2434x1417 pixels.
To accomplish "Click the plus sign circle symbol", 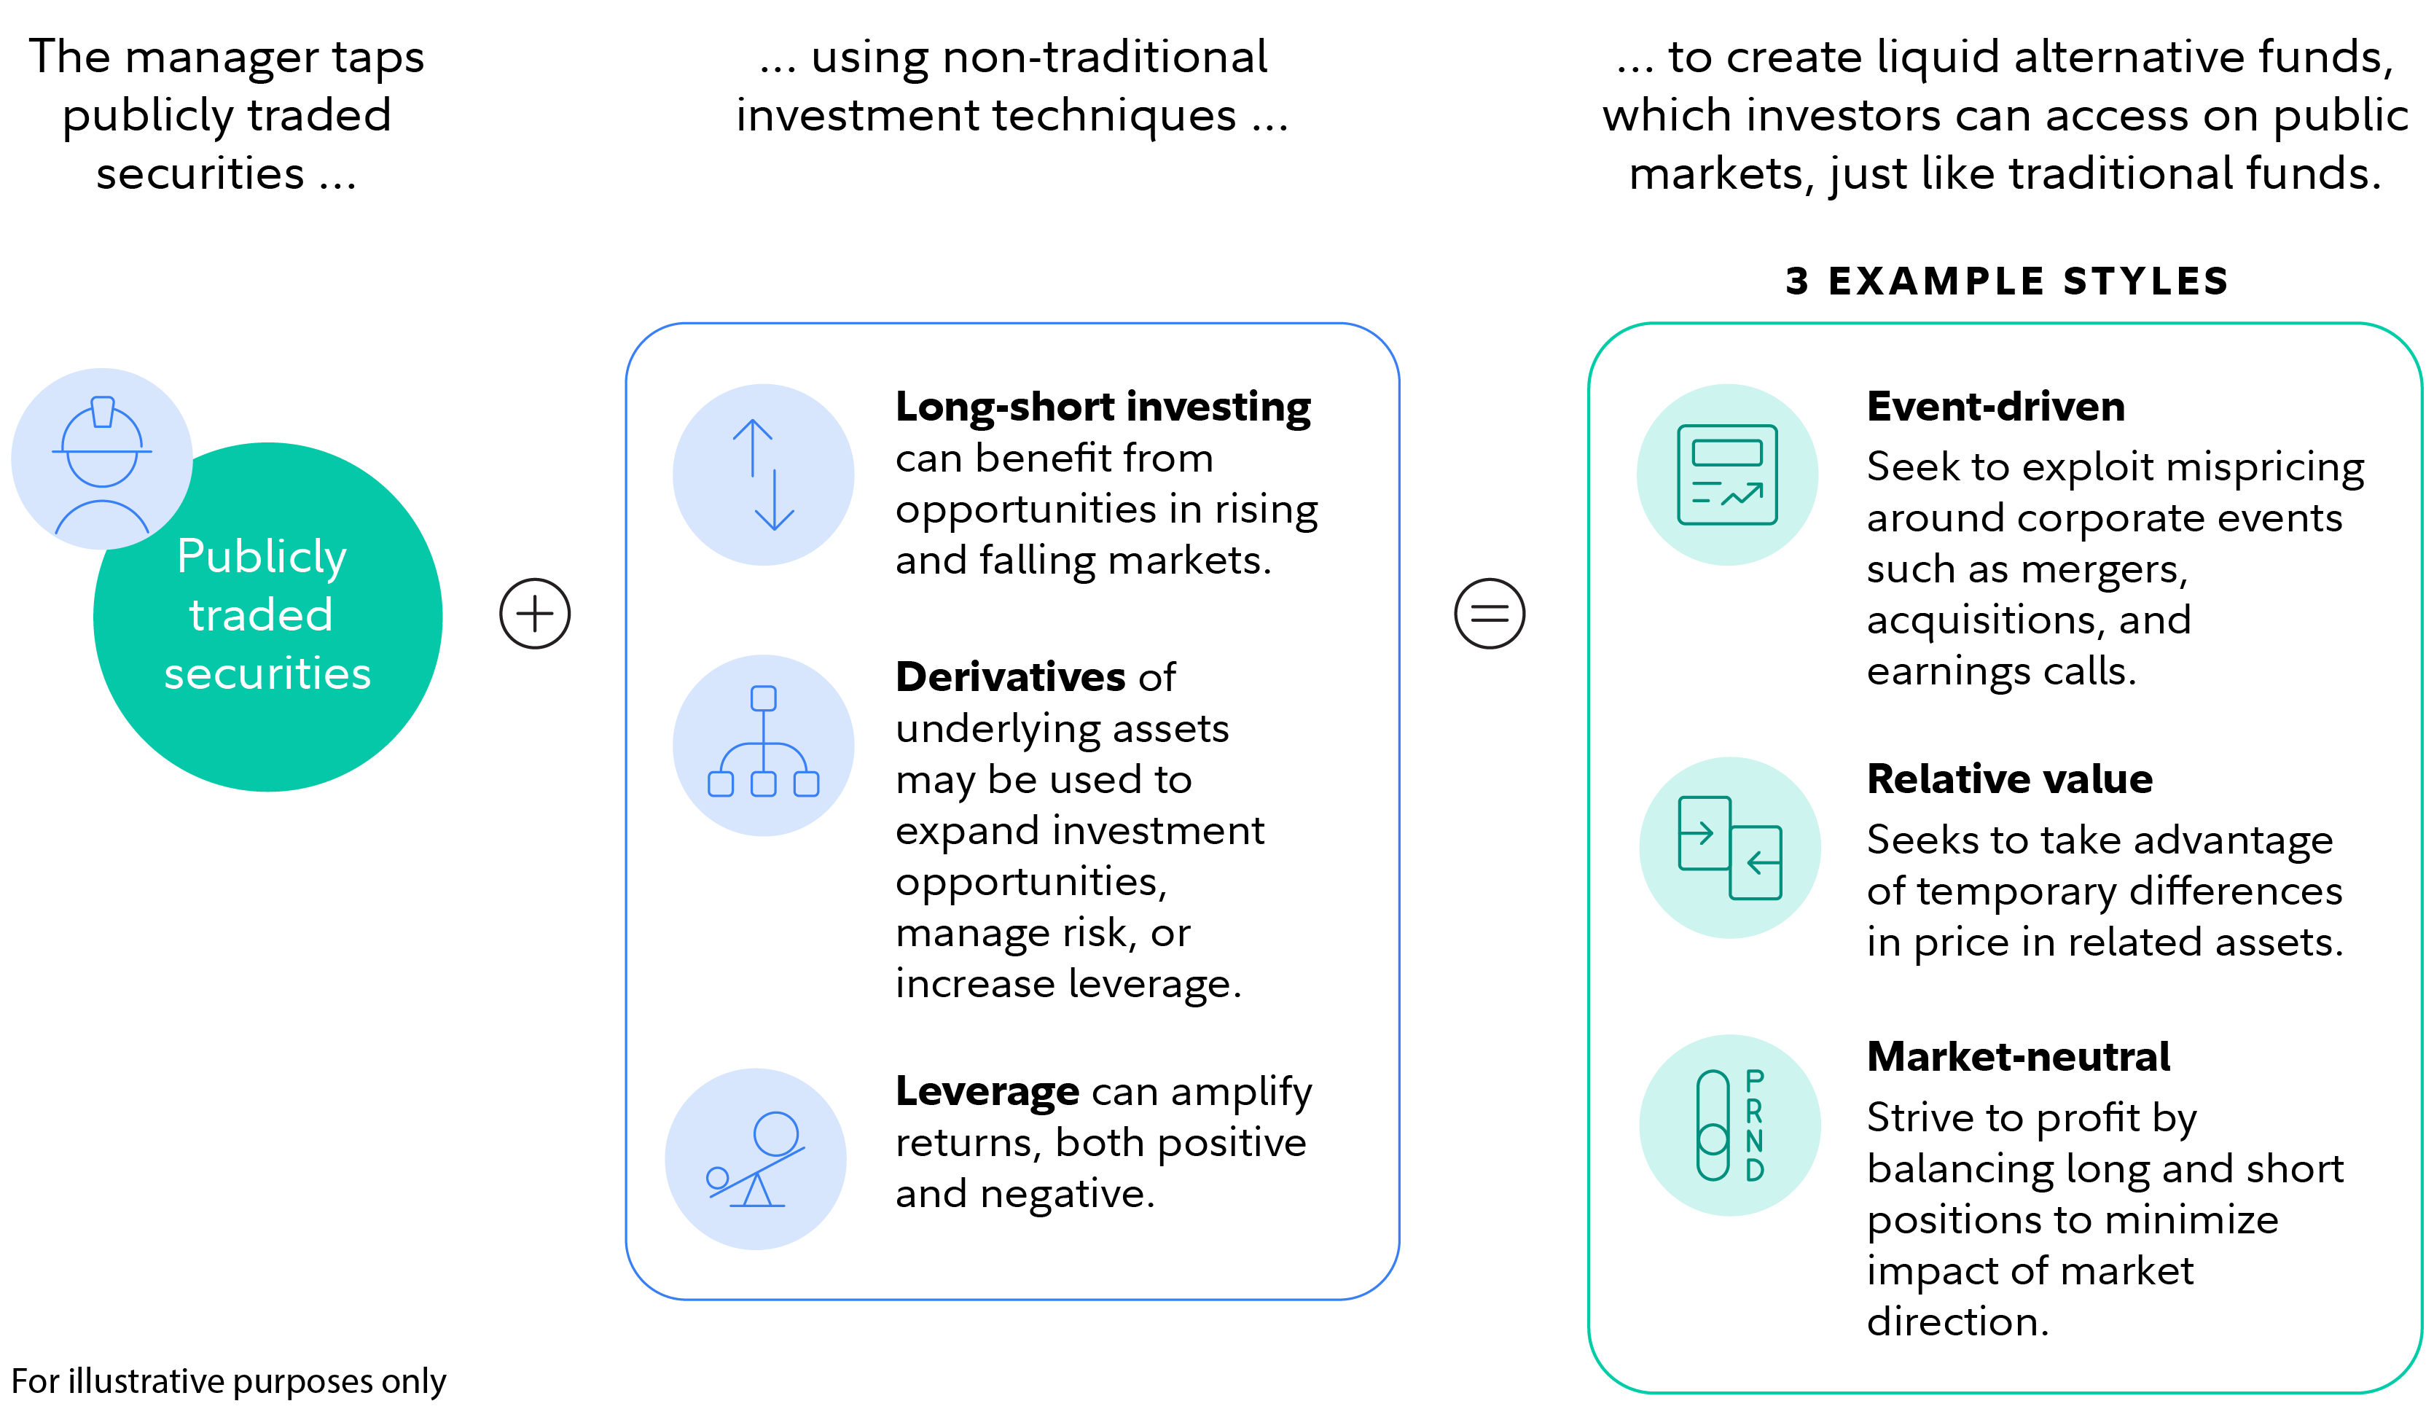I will point(534,613).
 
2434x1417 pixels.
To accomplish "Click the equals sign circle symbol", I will point(1490,613).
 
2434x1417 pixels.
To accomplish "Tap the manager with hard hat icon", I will point(102,458).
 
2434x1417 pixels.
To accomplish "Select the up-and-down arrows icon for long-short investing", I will point(763,475).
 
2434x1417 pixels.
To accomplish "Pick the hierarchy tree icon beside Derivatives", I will point(763,745).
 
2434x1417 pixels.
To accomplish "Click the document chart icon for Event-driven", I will point(1727,475).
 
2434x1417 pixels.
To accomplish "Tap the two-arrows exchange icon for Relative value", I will point(1730,847).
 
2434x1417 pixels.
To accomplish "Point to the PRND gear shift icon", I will point(1730,1125).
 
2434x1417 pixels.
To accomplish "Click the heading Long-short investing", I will point(1103,407).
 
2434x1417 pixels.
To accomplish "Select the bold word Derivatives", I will point(1010,677).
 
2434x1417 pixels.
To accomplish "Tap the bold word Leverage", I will point(987,1091).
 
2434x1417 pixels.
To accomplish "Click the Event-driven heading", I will point(1995,407).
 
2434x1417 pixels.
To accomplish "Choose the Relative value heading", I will point(2009,779).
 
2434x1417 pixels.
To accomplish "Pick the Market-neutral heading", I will point(2018,1057).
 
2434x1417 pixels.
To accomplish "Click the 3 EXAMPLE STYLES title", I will point(2007,281).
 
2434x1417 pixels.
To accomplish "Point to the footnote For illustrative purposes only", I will point(229,1381).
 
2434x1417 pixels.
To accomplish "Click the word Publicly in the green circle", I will point(262,558).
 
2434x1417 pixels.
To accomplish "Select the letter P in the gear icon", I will point(1755,1080).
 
